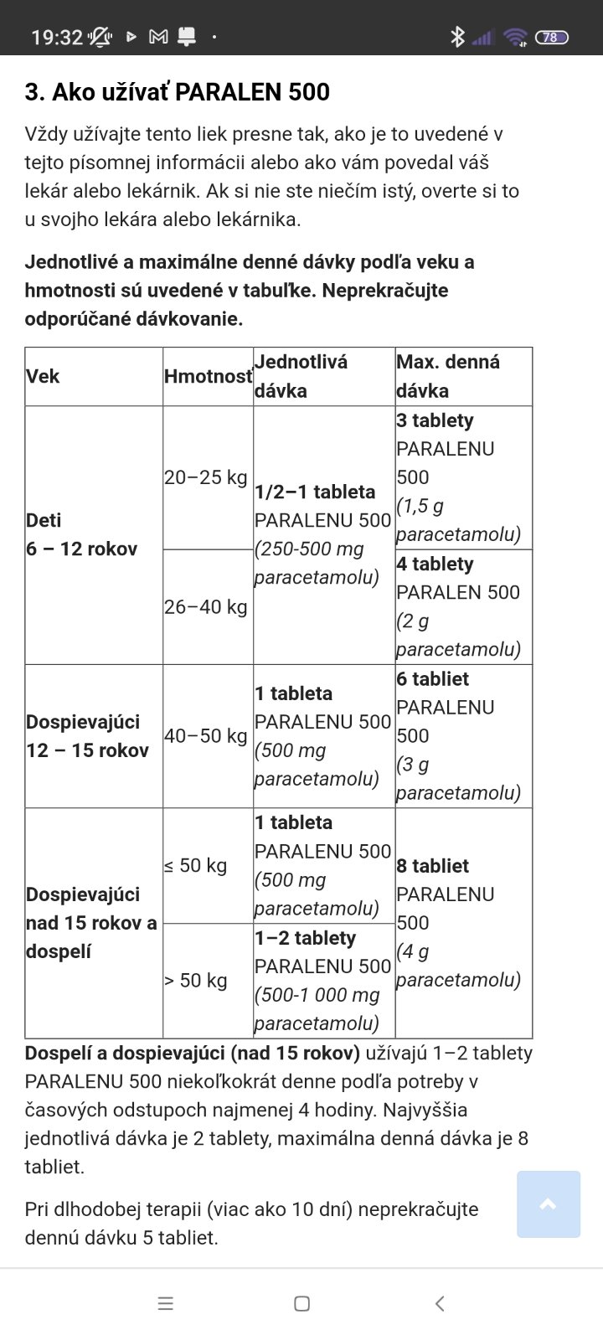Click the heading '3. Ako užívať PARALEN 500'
click(177, 92)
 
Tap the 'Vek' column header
click(43, 377)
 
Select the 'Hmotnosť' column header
click(208, 377)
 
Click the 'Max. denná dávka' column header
click(448, 376)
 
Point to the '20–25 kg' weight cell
click(206, 477)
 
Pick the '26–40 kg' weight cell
click(206, 606)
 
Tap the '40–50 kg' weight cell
click(206, 736)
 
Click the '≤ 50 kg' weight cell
click(196, 865)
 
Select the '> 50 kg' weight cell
click(196, 980)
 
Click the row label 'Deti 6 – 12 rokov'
click(81, 534)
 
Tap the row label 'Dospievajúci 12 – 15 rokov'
click(87, 736)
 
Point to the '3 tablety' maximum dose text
click(435, 420)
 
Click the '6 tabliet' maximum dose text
click(432, 679)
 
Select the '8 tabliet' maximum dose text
click(432, 866)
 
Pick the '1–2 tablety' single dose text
click(305, 938)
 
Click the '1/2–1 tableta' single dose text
click(315, 492)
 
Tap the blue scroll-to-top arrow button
click(549, 1204)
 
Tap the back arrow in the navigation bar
click(440, 1303)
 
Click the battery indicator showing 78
click(551, 37)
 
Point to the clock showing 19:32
click(57, 37)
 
